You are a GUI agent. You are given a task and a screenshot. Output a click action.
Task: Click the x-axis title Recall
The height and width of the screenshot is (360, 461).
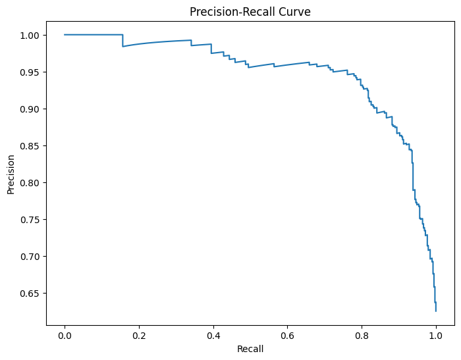[x=250, y=349]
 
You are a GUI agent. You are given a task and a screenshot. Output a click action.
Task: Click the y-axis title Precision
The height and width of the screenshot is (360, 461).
[x=11, y=174]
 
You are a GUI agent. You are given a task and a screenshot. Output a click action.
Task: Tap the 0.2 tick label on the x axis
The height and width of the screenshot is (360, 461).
[x=139, y=334]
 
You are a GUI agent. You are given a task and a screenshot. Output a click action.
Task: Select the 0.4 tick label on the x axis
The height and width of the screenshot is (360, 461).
[x=213, y=334]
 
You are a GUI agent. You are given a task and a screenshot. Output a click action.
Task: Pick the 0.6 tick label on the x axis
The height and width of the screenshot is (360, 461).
[x=287, y=334]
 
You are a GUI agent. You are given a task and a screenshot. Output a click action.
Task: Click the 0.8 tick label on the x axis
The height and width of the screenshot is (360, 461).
[x=362, y=334]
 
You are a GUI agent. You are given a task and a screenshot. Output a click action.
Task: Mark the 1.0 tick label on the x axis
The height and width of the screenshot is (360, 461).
[x=435, y=334]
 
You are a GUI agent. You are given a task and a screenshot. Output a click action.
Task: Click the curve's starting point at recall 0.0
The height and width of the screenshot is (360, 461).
[x=65, y=34]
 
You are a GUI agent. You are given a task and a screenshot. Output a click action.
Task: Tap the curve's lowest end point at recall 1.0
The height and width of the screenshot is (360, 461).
[x=435, y=311]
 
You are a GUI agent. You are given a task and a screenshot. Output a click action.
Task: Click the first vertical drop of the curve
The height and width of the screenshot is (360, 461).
[x=122, y=40]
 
